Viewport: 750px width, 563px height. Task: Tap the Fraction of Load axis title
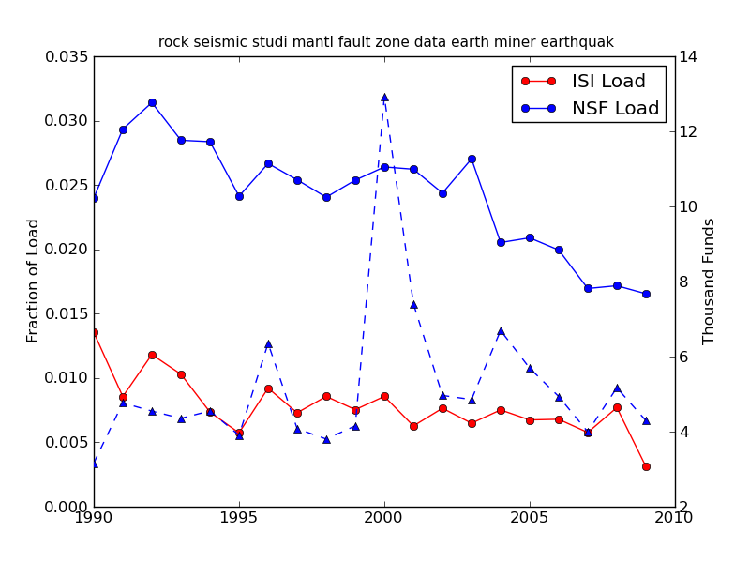34,281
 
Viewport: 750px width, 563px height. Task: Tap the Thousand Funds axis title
710,281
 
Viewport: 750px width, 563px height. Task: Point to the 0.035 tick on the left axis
67,57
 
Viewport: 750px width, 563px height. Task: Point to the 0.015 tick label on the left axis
67,314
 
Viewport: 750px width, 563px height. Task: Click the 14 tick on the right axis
688,57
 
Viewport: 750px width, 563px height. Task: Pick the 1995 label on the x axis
239,518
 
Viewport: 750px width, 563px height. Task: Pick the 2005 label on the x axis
530,518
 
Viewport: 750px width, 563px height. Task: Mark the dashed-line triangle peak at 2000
384,97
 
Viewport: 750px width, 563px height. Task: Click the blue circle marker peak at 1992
152,102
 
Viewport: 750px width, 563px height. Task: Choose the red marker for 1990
94,332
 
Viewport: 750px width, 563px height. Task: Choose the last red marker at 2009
646,466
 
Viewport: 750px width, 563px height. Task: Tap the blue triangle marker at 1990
94,464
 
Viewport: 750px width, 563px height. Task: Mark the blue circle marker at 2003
472,159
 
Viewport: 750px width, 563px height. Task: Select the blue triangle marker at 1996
268,343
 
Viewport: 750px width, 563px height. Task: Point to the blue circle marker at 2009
646,294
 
